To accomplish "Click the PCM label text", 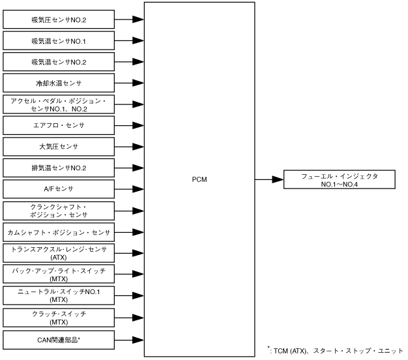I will click(199, 179).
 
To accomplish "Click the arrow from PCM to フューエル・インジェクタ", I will click(269, 179).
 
